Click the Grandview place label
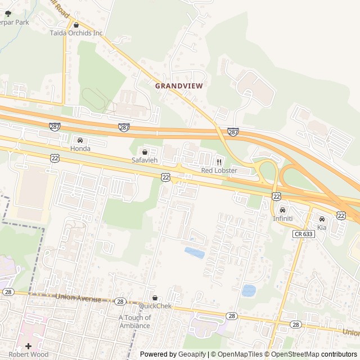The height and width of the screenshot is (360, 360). coord(178,86)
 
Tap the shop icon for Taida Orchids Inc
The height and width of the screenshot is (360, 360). coord(76,25)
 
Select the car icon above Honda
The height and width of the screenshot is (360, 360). coord(80,140)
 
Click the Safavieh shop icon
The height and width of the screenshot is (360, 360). coord(145,152)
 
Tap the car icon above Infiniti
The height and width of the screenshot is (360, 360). coord(282,210)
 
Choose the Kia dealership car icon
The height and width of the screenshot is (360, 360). coord(322,219)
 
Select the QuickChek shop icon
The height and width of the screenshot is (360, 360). coord(155,298)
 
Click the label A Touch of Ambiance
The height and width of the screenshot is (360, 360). coord(134,321)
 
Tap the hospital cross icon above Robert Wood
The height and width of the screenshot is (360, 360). coord(28,346)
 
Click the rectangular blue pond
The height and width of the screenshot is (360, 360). coord(195,253)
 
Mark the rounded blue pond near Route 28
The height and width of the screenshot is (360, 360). coord(248,290)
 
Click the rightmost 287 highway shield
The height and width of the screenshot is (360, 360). coord(233,132)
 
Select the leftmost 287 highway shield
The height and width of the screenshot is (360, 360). coord(54,127)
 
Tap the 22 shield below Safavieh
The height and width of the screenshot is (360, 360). coord(165,177)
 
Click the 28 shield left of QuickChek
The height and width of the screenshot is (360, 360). coord(120,301)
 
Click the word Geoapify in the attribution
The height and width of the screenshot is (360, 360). coord(192,354)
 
